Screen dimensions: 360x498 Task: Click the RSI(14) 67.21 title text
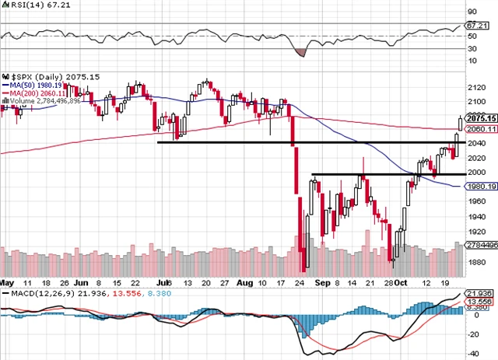[26, 5]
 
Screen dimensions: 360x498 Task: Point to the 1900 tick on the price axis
[476, 247]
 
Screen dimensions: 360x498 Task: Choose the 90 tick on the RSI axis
[472, 12]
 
